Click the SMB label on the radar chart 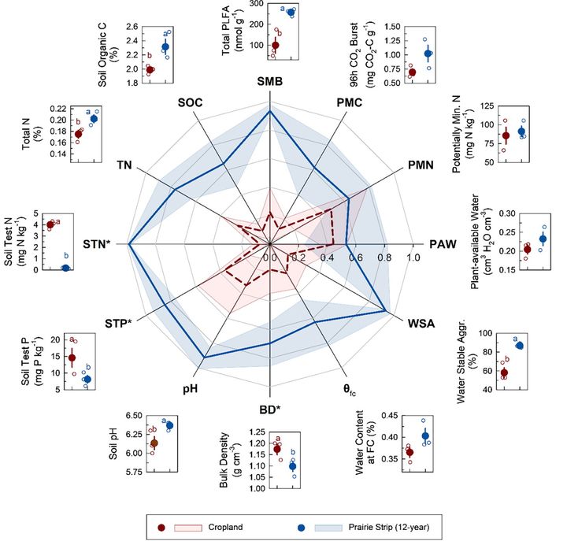pos(270,82)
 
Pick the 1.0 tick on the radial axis pos(412,257)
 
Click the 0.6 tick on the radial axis pos(355,257)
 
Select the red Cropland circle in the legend pos(161,524)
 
